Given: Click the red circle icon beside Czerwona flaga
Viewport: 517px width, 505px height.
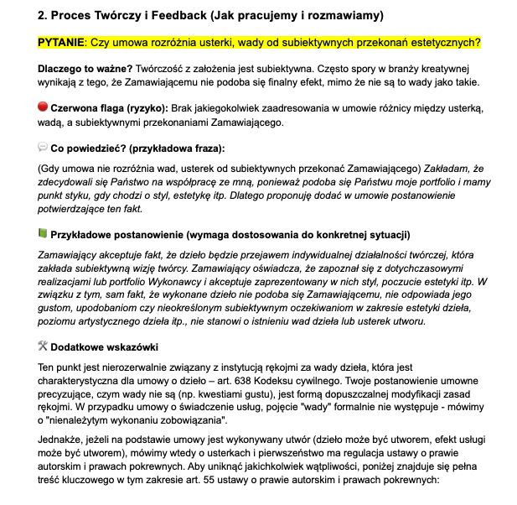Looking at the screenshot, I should click(43, 107).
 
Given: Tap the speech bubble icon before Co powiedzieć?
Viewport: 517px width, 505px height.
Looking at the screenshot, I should click(43, 148).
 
